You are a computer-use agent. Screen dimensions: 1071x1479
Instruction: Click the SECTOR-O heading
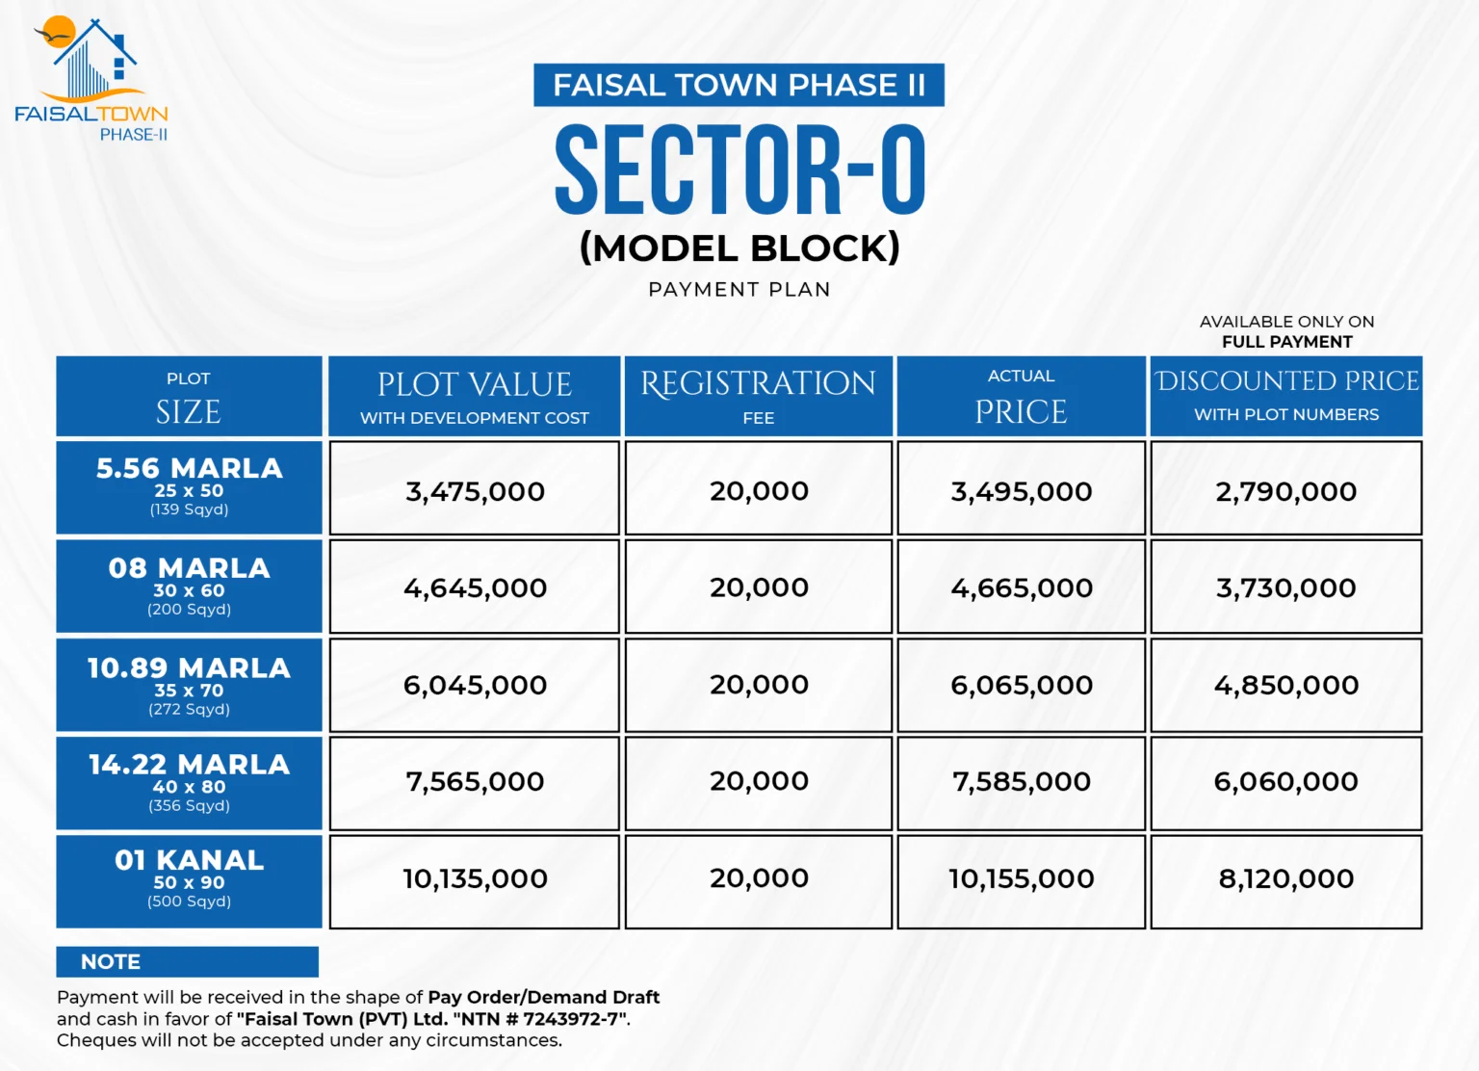739,170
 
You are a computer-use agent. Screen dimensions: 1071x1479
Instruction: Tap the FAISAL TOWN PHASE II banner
739,86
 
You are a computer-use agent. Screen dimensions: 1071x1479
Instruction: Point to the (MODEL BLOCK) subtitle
739,248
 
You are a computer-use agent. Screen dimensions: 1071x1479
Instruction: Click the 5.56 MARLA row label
189,487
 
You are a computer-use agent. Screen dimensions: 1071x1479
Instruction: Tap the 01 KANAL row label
189,880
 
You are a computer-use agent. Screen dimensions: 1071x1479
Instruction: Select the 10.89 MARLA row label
189,685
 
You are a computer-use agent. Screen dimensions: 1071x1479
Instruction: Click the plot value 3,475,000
475,491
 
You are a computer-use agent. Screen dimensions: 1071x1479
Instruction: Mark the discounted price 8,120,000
1286,878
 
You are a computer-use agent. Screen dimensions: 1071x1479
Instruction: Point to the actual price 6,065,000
1022,685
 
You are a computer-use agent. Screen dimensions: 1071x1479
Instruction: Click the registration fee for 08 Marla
759,588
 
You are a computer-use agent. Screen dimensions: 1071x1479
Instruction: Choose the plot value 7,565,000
475,781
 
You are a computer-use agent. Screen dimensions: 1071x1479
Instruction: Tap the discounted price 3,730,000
1286,588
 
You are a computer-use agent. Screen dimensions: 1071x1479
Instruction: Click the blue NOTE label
111,961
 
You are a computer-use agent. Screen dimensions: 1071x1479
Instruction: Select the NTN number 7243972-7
574,1019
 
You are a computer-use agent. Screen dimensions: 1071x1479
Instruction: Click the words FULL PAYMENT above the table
1286,342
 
